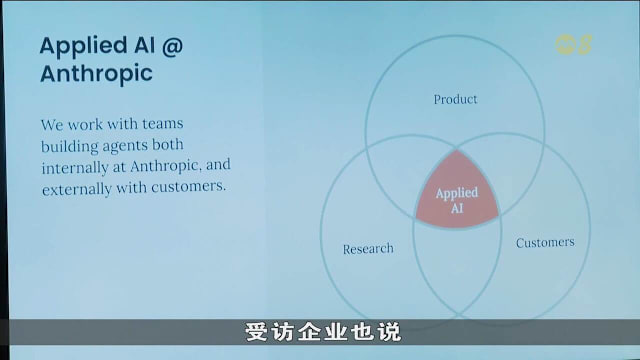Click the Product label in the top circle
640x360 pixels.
[455, 99]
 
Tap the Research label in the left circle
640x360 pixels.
[368, 248]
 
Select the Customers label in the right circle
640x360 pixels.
[545, 242]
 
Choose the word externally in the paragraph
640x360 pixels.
[79, 188]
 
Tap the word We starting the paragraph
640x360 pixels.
[52, 125]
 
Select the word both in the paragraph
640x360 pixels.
[184, 146]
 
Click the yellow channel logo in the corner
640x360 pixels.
[574, 44]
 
